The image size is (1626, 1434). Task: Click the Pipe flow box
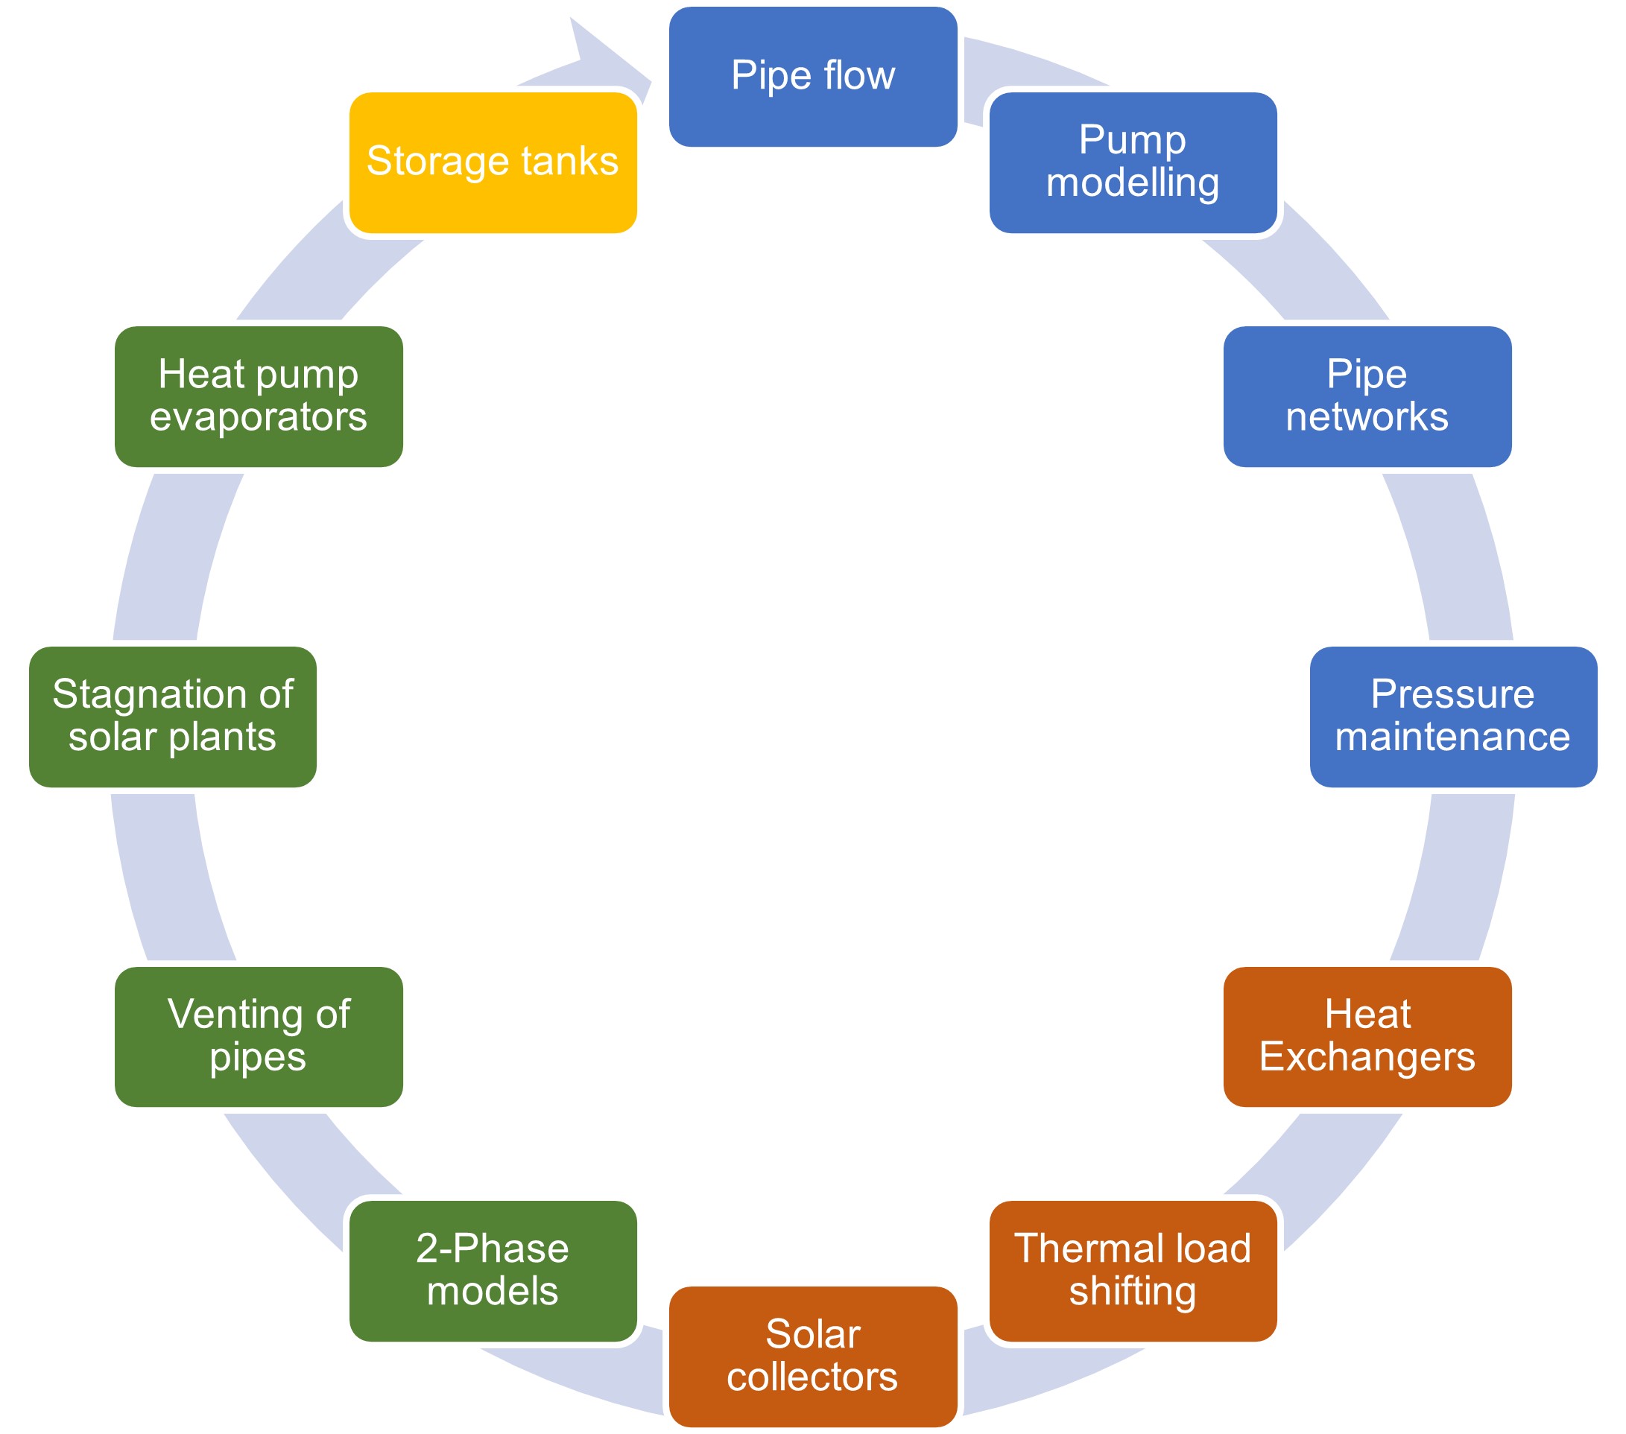tap(812, 76)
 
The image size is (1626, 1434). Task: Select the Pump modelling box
tap(1133, 162)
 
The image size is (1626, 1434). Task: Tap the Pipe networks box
tap(1367, 396)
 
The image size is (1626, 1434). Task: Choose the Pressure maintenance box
tap(1452, 717)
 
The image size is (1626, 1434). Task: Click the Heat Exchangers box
tap(1367, 1036)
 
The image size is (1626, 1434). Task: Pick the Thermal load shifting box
tap(1133, 1270)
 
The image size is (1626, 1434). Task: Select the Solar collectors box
tap(812, 1356)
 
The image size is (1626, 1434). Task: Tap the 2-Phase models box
tap(493, 1270)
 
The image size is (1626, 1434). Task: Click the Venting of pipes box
tap(259, 1036)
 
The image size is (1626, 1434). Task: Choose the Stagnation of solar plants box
tap(173, 717)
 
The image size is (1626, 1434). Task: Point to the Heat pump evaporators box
tap(259, 396)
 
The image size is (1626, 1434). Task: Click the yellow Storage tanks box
tap(493, 162)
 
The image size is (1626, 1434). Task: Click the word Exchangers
tap(1367, 1057)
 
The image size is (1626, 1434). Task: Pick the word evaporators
tap(259, 416)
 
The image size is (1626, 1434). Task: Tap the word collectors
tap(812, 1377)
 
